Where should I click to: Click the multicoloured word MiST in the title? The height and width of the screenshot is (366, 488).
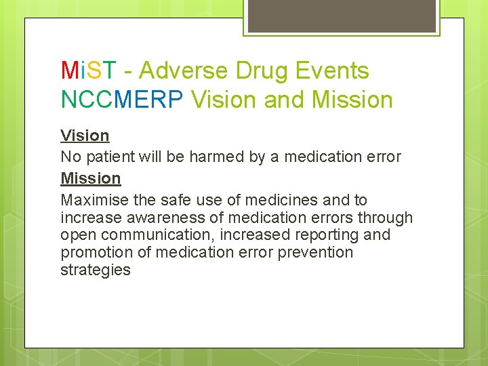(x=89, y=70)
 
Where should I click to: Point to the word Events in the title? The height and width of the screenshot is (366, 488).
(x=334, y=70)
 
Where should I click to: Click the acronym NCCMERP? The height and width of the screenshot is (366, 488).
(x=123, y=100)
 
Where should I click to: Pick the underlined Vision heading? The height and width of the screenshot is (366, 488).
(x=85, y=136)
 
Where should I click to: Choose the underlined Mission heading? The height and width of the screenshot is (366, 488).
(x=91, y=178)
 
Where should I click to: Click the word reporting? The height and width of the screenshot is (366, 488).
(x=325, y=235)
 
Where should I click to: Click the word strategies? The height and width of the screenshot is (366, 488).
(x=96, y=270)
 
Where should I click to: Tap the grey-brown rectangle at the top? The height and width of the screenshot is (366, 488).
(x=341, y=16)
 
